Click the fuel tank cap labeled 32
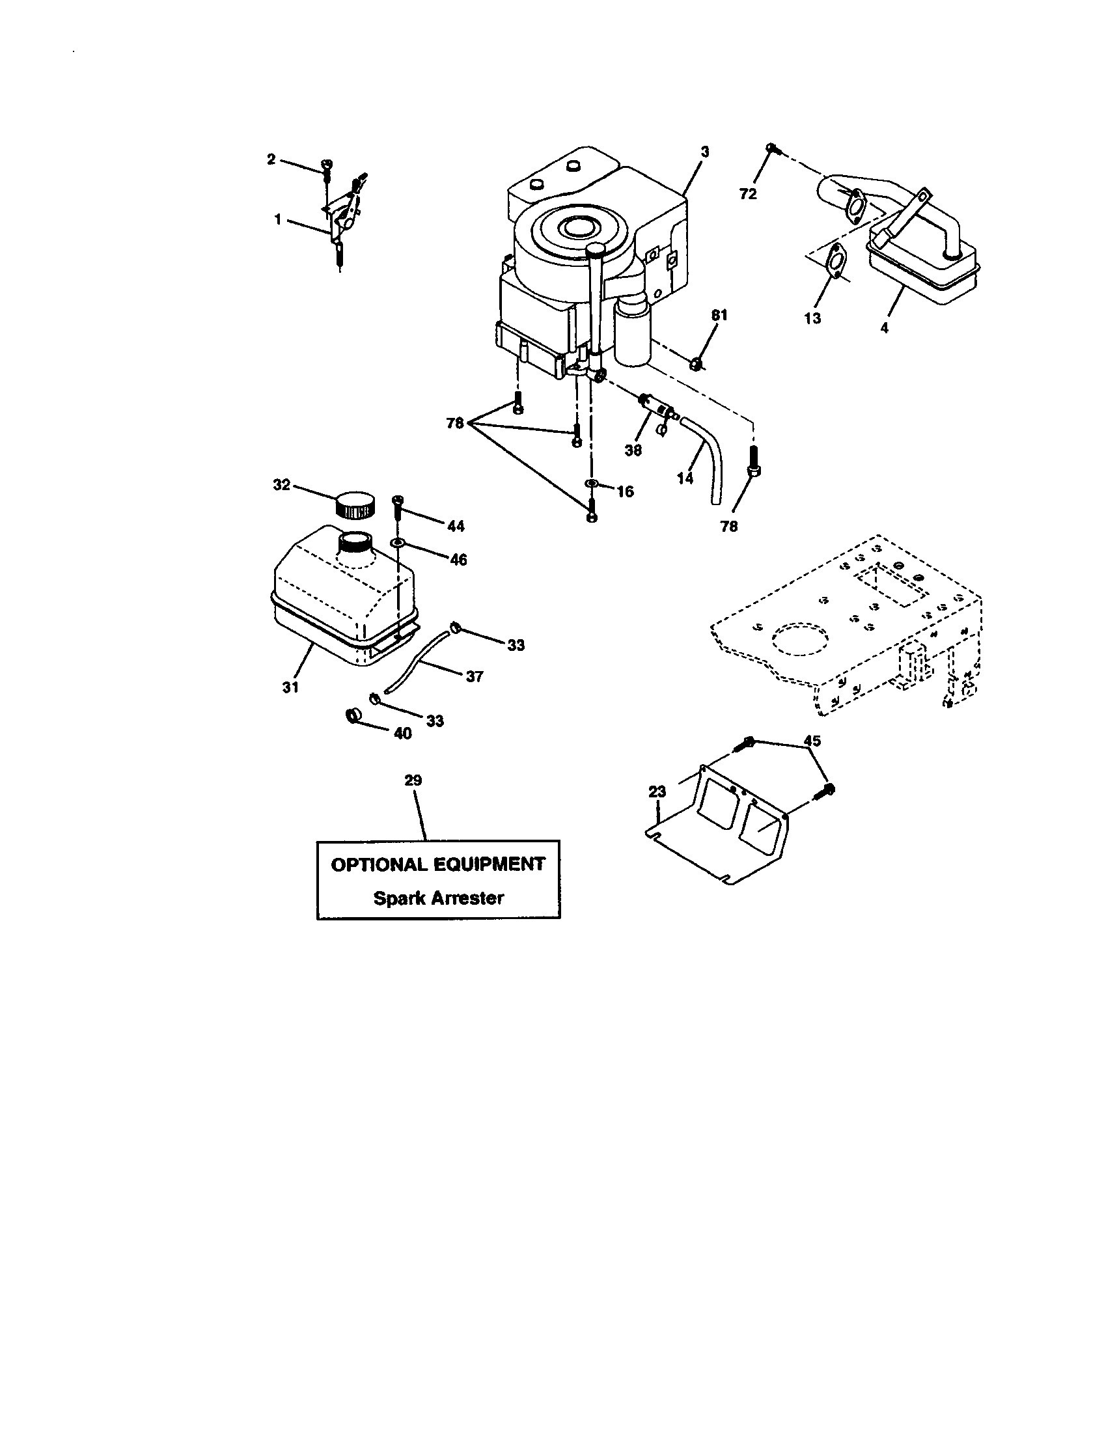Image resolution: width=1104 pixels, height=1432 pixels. pos(355,504)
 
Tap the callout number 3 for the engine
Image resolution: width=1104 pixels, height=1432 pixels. pos(705,152)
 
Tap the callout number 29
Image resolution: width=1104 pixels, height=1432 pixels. pos(413,780)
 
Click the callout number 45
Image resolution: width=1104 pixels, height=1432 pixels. pos(812,741)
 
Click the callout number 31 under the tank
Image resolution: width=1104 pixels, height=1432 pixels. pos(290,687)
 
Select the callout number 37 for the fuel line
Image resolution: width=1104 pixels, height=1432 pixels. pos(474,676)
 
